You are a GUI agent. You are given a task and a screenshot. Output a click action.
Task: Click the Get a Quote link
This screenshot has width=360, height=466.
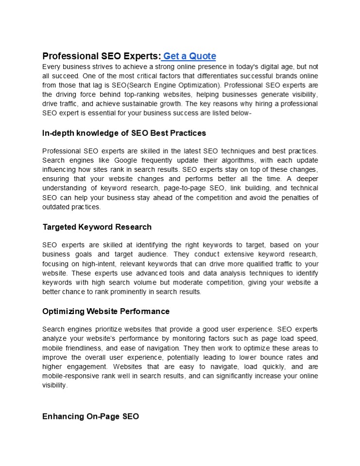(189, 56)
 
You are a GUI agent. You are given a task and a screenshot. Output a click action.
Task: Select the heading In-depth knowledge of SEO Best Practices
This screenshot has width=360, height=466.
(124, 133)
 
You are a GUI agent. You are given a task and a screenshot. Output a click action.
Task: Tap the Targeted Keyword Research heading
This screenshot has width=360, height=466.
(97, 227)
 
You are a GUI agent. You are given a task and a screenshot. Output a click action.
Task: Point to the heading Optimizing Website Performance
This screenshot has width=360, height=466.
(106, 311)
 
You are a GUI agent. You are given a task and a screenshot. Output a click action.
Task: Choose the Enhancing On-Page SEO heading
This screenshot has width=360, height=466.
(91, 416)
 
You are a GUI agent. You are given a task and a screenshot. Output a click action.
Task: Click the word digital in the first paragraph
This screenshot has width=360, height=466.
(257, 67)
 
